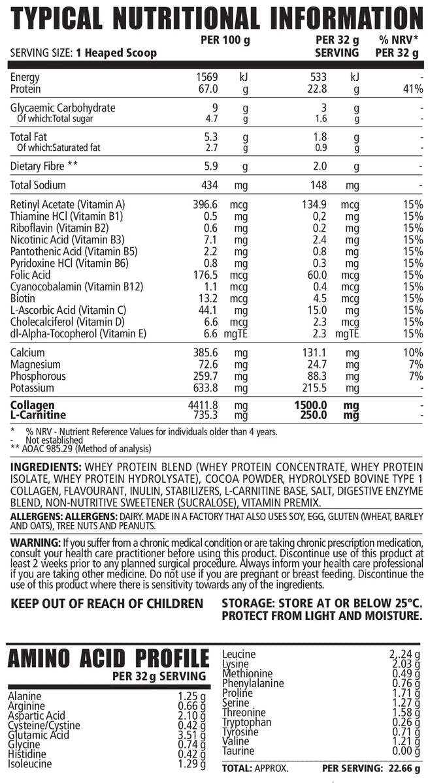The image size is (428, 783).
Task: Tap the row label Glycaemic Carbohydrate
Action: tap(63, 108)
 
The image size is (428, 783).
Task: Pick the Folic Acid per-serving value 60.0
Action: tap(318, 275)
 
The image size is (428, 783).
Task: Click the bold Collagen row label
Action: tap(32, 405)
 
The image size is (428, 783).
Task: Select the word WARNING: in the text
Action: tap(34, 544)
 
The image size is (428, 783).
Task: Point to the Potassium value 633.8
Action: tap(206, 388)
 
